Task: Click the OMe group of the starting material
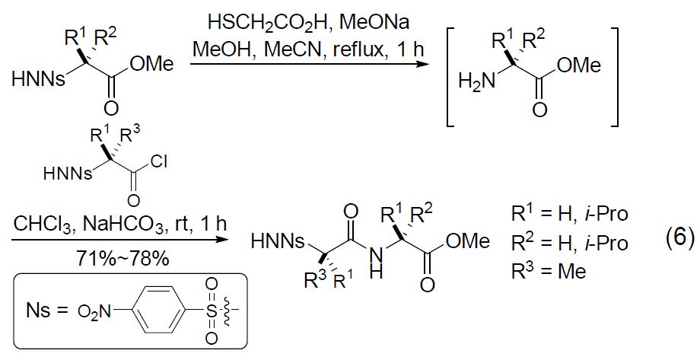tap(151, 65)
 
